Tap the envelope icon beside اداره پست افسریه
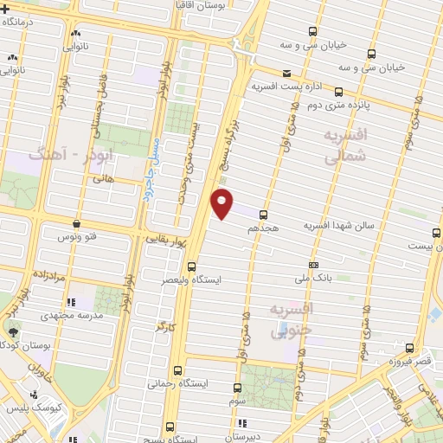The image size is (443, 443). [288, 74]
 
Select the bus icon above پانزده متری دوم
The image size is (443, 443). [338, 91]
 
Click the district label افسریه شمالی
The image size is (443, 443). [345, 146]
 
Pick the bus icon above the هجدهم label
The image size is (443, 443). [263, 215]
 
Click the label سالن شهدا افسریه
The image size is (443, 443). [338, 225]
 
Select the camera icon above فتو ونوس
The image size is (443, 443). [77, 223]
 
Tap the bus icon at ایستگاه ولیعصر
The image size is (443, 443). [191, 266]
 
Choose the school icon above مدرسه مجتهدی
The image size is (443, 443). [71, 303]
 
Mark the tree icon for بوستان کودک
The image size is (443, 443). [13, 330]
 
